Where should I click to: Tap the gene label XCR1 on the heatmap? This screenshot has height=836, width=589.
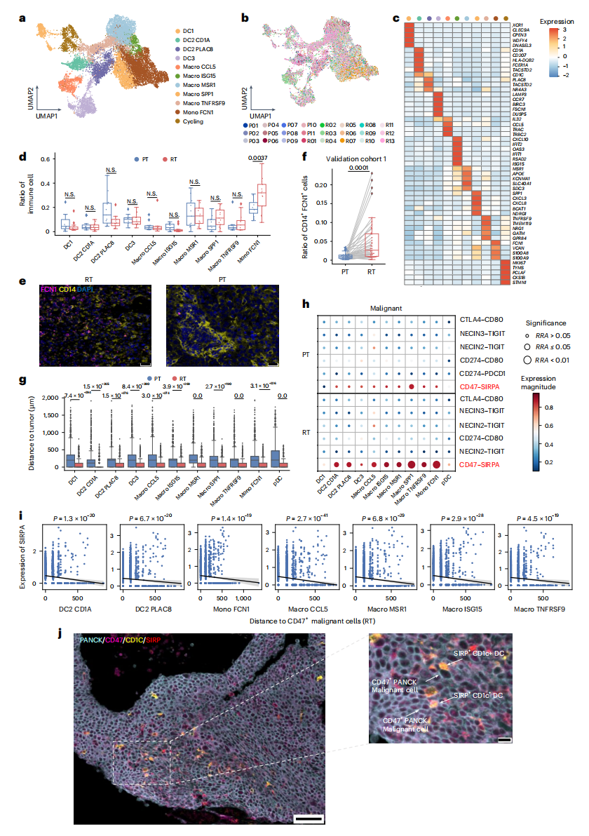[517, 25]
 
